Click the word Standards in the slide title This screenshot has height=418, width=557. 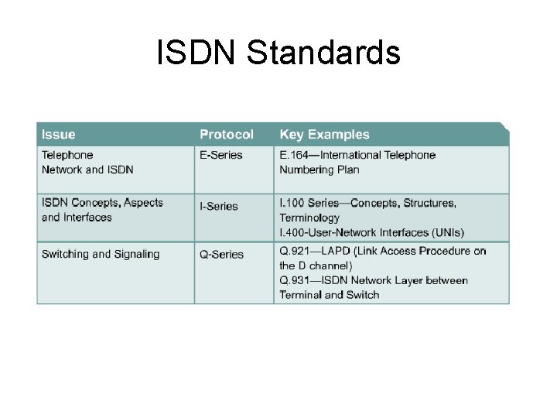(x=325, y=53)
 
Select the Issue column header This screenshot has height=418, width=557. (x=59, y=135)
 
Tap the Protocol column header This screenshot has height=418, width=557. (x=226, y=135)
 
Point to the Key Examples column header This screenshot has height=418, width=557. (x=324, y=135)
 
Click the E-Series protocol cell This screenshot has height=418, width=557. (x=221, y=155)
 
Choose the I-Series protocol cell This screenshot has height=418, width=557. (x=219, y=206)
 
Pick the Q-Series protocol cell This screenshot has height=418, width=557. (x=221, y=254)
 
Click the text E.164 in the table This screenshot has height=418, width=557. (x=293, y=155)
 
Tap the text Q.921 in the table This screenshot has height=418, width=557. (x=294, y=251)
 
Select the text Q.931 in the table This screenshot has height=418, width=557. (x=294, y=280)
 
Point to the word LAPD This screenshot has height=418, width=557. (x=337, y=251)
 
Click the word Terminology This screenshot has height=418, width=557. (x=309, y=218)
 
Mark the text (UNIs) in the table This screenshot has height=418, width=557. (x=443, y=232)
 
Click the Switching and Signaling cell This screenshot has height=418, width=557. (x=101, y=254)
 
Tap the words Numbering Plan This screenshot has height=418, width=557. (x=320, y=170)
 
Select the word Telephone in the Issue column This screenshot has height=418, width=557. (x=67, y=155)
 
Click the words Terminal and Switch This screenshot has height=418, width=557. (x=330, y=294)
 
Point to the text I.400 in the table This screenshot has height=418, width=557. (x=293, y=232)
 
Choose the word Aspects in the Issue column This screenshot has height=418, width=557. (x=143, y=203)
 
